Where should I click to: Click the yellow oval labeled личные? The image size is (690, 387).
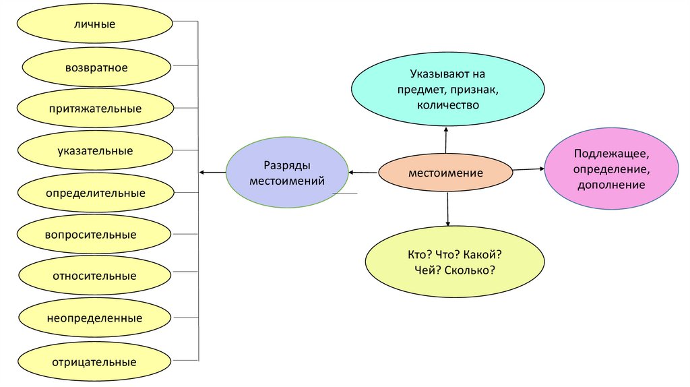click(95, 25)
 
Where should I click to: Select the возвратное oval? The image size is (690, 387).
click(96, 67)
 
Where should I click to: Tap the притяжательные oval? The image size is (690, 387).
click(94, 109)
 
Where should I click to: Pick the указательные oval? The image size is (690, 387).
click(94, 151)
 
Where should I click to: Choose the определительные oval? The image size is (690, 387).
click(95, 193)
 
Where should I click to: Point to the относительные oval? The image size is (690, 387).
click(94, 276)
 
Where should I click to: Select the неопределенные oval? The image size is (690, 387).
click(94, 318)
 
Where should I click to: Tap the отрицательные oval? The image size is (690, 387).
click(94, 361)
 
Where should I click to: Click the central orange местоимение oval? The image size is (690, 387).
click(445, 173)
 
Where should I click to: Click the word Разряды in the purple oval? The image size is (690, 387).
click(287, 166)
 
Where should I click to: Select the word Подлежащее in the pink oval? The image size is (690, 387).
click(612, 155)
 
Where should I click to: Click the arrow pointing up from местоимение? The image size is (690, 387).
click(446, 140)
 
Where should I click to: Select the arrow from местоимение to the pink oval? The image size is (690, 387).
click(528, 169)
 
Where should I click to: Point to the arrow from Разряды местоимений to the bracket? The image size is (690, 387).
click(212, 173)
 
